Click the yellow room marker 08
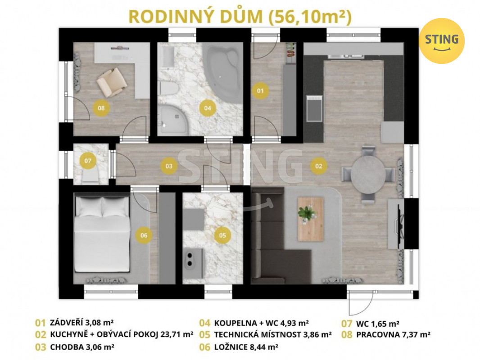coord(101,108)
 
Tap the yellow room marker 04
coord(208,108)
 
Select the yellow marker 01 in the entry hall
coord(260,91)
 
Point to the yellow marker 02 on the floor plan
coord(319,166)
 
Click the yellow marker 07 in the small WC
coord(88,161)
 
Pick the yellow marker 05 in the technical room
coord(222,235)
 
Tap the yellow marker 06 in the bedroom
coord(144,235)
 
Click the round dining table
coord(368,175)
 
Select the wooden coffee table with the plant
coord(311,219)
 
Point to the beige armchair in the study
coord(112,82)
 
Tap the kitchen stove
coord(314,108)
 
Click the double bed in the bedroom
coord(102,234)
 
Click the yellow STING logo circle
coord(442,41)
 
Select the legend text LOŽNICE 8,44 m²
coord(246,347)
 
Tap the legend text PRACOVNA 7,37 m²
coord(393,335)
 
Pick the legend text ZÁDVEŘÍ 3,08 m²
coord(82,322)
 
